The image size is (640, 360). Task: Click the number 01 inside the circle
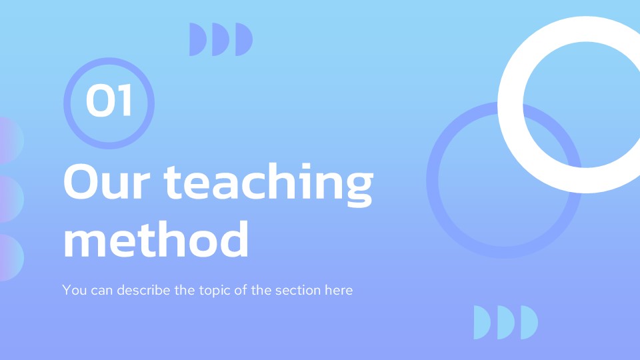109,103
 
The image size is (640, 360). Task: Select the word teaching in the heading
269,184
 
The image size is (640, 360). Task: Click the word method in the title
156,239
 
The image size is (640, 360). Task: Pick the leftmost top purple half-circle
197,39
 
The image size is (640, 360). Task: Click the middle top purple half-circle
220,39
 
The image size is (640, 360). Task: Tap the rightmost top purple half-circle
243,39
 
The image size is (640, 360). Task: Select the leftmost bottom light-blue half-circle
481,322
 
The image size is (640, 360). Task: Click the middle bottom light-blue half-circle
505,322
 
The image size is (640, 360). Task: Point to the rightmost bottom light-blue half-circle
528,322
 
